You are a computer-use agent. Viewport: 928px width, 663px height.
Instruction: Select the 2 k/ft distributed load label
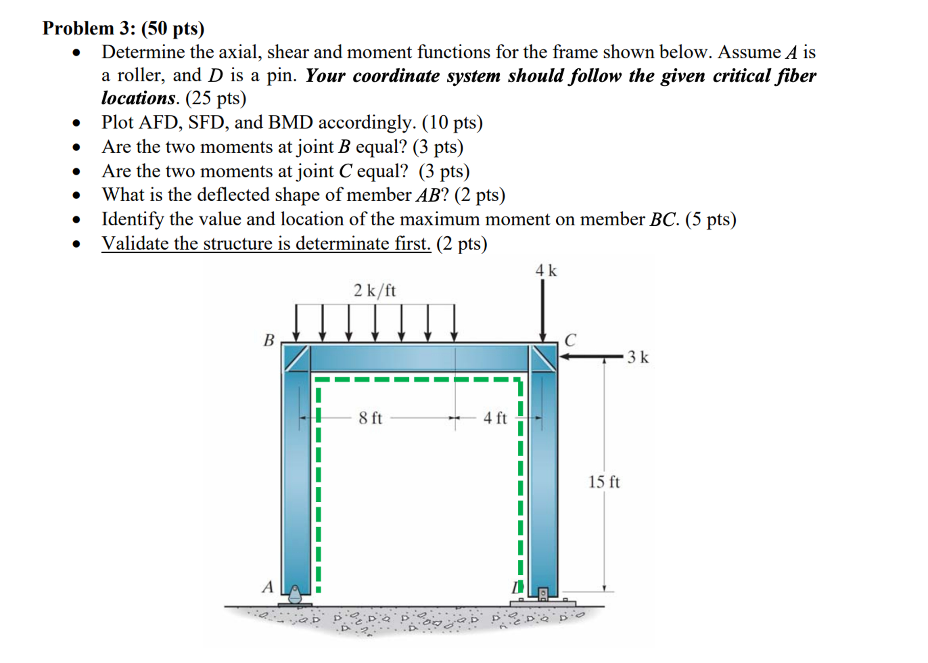tap(374, 291)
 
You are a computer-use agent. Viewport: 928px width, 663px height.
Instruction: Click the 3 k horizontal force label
tap(637, 357)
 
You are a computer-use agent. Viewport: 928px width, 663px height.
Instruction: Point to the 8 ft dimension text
tap(370, 418)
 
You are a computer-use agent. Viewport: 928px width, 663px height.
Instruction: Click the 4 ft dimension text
tap(495, 418)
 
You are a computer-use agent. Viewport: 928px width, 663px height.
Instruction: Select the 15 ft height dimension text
tap(604, 482)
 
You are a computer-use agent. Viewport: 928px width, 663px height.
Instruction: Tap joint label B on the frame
tap(269, 340)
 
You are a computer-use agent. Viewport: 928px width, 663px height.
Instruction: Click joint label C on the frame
tap(570, 340)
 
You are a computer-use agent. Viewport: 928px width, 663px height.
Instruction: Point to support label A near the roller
tap(268, 587)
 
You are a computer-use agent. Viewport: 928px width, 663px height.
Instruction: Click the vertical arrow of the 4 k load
tap(542, 310)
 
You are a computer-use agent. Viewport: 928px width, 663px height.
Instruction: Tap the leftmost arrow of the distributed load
tap(296, 322)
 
